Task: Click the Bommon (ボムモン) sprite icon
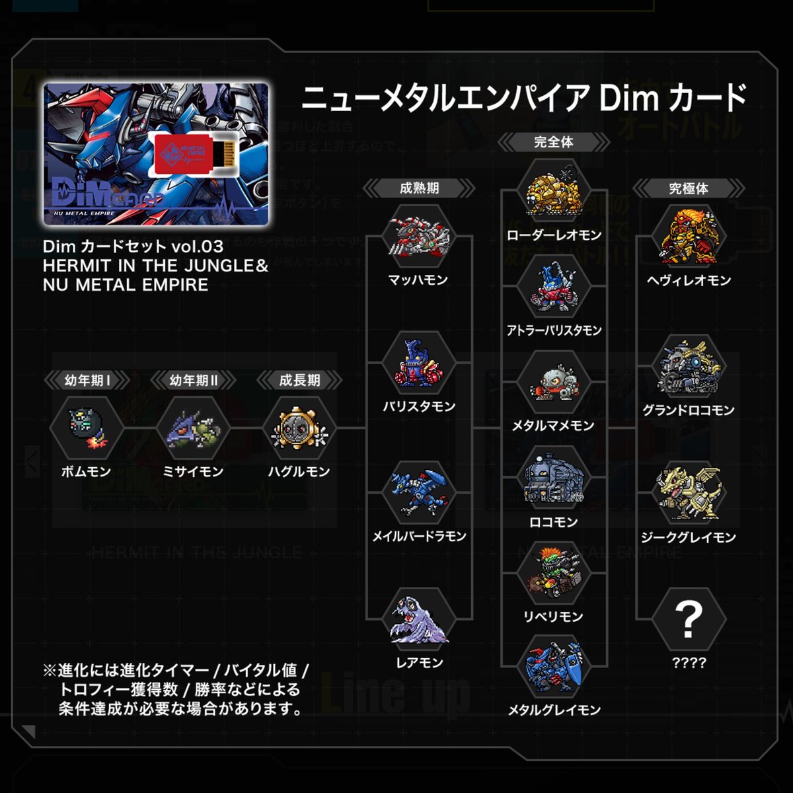point(87,428)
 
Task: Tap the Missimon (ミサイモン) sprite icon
point(193,428)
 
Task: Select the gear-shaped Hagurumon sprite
point(299,428)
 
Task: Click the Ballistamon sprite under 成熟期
point(419,363)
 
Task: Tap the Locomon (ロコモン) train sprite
point(554,480)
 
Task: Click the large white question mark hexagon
point(689,620)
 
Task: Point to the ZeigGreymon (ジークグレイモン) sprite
point(689,493)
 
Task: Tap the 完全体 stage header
point(554,142)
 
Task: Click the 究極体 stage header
point(689,189)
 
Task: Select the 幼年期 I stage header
point(87,381)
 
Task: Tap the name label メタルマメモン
point(554,426)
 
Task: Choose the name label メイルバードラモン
point(419,537)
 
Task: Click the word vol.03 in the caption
point(197,247)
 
